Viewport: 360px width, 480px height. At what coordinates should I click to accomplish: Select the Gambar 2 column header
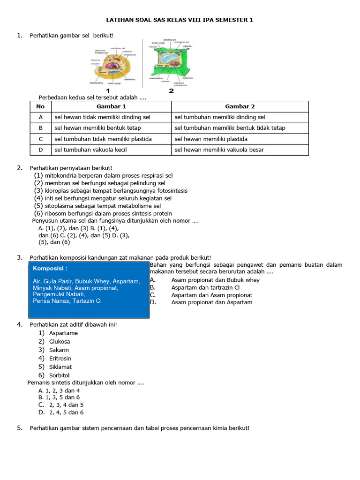240,106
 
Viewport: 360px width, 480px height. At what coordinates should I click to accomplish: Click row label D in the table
41,150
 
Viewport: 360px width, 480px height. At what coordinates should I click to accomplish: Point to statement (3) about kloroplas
111,191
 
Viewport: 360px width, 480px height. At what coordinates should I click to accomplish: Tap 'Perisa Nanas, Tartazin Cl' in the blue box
67,301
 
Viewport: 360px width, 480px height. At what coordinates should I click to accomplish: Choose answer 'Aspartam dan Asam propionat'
212,295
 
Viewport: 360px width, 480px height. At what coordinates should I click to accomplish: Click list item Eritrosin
60,359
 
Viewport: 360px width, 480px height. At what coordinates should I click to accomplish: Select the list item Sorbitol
59,375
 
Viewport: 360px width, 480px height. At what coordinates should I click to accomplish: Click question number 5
20,428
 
